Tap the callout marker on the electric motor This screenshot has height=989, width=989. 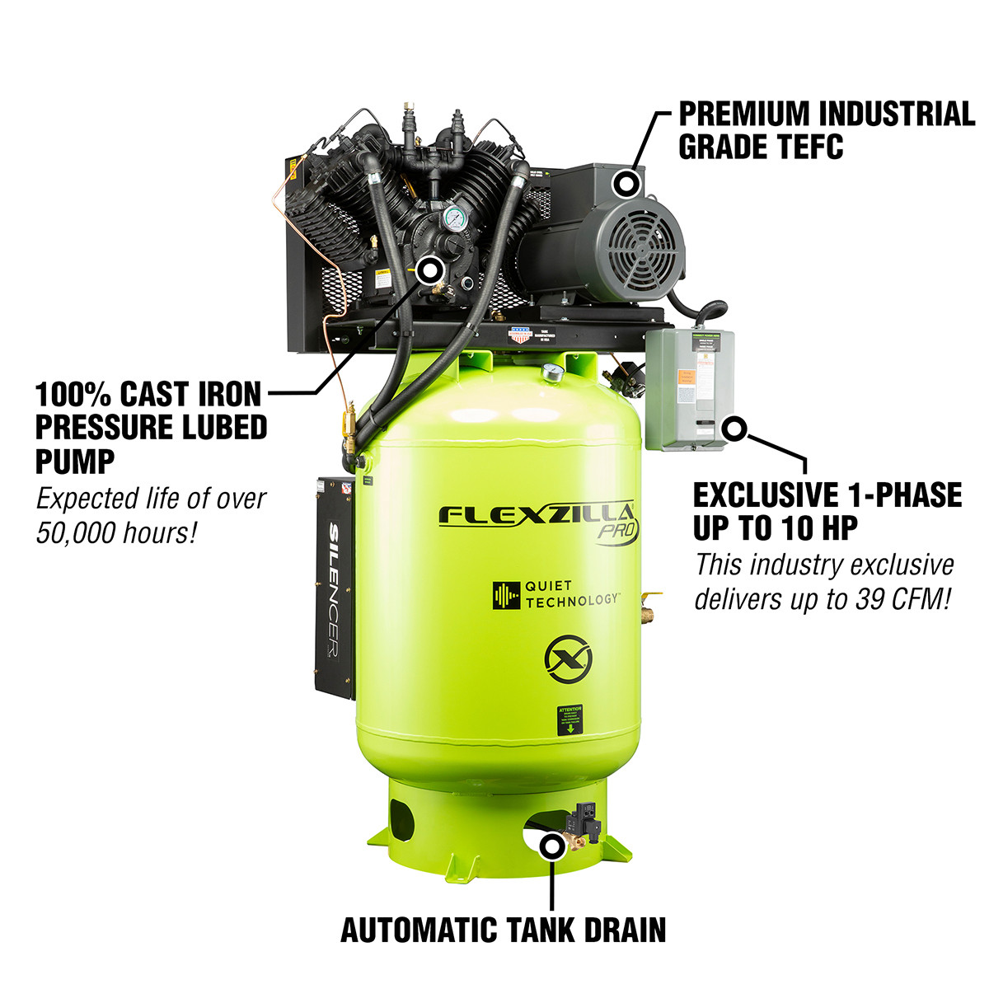[x=628, y=183]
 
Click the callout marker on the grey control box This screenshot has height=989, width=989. [x=734, y=428]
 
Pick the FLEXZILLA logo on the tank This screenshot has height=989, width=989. [x=536, y=516]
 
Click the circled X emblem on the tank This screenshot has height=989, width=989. [x=566, y=659]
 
